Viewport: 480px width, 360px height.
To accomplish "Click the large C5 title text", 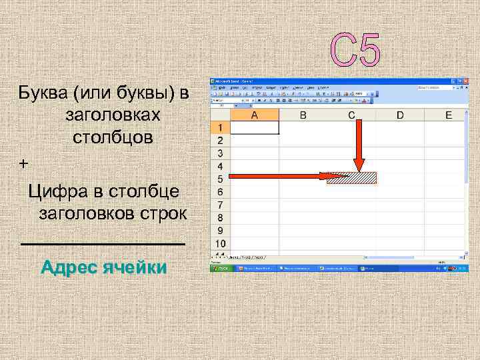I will (x=356, y=50).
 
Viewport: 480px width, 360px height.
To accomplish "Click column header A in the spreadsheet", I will (x=254, y=115).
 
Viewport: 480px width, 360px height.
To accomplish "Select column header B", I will (x=303, y=115).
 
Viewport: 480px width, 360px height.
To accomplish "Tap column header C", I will (x=351, y=115).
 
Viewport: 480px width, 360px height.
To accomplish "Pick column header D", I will (x=400, y=115).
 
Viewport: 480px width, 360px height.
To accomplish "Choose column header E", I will (x=449, y=115).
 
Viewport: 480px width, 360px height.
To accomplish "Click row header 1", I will (x=219, y=127).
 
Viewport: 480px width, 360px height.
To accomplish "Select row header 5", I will (x=219, y=178).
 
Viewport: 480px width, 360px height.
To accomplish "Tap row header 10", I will (x=219, y=243).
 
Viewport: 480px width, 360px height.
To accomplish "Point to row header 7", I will (x=219, y=204).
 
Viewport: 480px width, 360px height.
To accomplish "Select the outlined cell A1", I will (x=254, y=127).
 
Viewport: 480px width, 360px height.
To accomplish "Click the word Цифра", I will (x=58, y=191).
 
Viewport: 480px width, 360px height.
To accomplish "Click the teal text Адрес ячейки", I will (x=103, y=268).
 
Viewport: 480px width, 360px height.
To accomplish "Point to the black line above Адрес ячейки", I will (x=103, y=245).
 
